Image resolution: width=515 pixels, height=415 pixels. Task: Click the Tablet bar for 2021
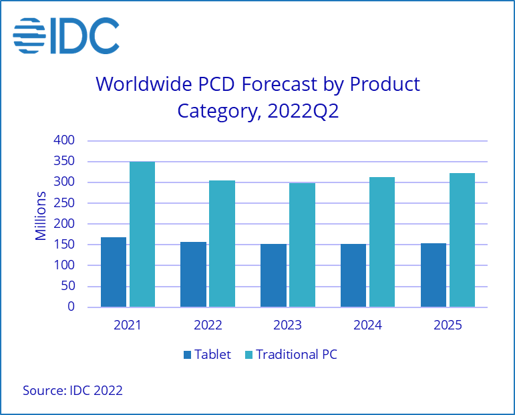coord(114,273)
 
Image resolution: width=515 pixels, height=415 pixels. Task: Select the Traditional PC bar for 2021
coord(142,235)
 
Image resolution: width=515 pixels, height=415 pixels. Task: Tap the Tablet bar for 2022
coord(193,275)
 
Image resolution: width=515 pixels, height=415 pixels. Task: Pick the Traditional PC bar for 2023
coord(302,245)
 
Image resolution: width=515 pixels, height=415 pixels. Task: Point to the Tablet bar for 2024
coord(353,276)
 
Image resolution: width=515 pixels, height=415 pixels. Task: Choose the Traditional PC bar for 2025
coord(462,241)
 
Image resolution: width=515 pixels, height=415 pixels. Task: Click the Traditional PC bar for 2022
coord(222,244)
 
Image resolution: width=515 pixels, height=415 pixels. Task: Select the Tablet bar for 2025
coord(434,275)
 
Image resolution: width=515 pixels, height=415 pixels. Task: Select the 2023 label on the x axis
coord(288,325)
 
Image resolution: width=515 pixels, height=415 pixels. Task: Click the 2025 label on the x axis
coord(448,325)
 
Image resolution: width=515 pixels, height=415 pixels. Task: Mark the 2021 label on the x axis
coord(128,325)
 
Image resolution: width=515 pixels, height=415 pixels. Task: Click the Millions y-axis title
coord(41,216)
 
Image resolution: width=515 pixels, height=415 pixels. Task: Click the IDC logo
coord(66,35)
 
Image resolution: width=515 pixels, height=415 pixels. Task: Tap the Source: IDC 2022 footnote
coord(73,390)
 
